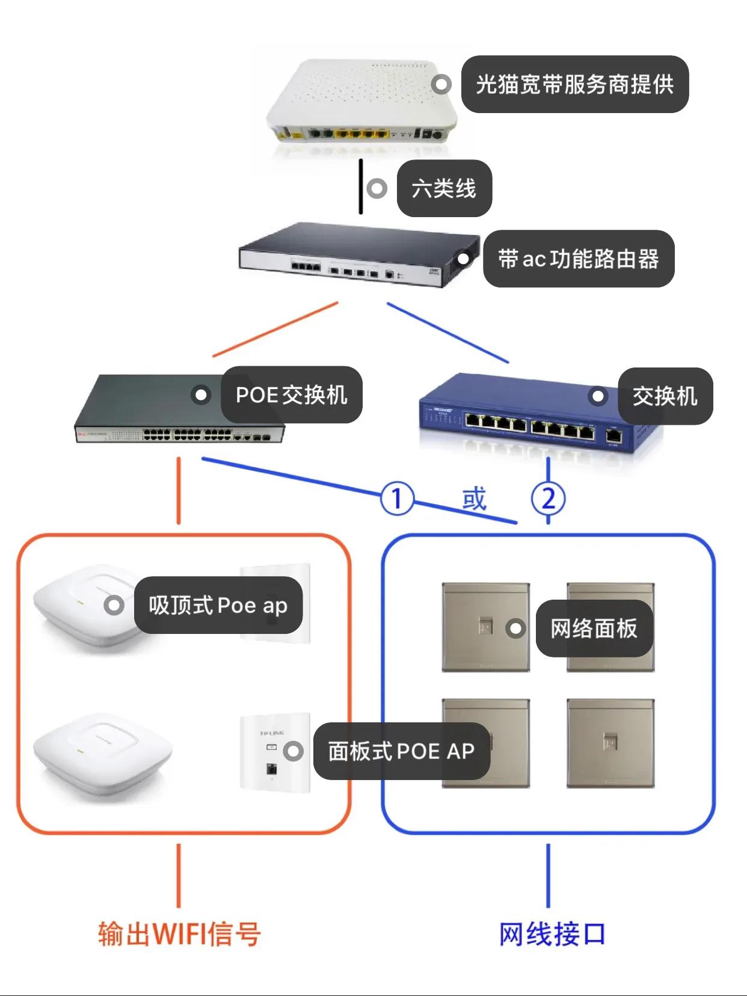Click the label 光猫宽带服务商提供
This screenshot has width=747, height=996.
point(574,84)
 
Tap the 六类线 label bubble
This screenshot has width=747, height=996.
point(444,188)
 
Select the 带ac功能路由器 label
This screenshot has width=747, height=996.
point(579,259)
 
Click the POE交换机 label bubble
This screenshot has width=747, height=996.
point(292,395)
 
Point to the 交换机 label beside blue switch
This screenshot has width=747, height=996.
point(665,396)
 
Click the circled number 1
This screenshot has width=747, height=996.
point(397,499)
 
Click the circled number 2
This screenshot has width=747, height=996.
point(548,499)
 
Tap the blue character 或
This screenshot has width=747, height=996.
point(474,499)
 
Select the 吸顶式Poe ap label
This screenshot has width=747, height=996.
point(218,605)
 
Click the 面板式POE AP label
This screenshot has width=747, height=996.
point(401,751)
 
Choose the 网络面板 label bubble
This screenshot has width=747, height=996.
point(594,629)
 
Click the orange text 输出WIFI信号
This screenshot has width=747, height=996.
point(179,934)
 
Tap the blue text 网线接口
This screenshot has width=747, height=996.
point(552,934)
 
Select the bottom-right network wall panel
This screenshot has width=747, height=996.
point(610,744)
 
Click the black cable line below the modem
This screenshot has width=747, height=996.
point(361,186)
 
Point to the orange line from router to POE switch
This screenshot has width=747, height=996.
point(275,329)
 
